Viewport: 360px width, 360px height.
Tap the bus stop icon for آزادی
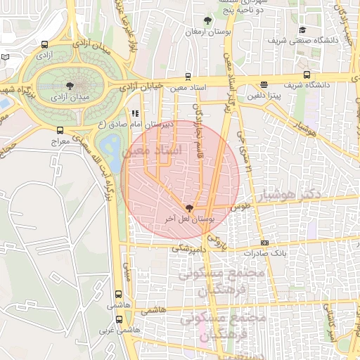pyautogui.click(x=44, y=42)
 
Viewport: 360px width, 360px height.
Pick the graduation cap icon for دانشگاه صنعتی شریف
pyautogui.click(x=302, y=30)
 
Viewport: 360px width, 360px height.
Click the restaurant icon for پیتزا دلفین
pyautogui.click(x=264, y=84)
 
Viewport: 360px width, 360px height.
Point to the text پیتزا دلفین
pyautogui.click(x=264, y=94)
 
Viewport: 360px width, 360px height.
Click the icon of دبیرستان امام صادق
pyautogui.click(x=134, y=112)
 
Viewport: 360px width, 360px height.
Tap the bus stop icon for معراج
pyautogui.click(x=60, y=130)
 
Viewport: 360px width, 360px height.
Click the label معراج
pyautogui.click(x=60, y=141)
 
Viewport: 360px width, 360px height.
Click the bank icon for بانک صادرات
pyautogui.click(x=264, y=242)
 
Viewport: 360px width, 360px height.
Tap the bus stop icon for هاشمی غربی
pyautogui.click(x=117, y=318)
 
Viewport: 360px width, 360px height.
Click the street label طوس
pyautogui.click(x=241, y=207)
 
